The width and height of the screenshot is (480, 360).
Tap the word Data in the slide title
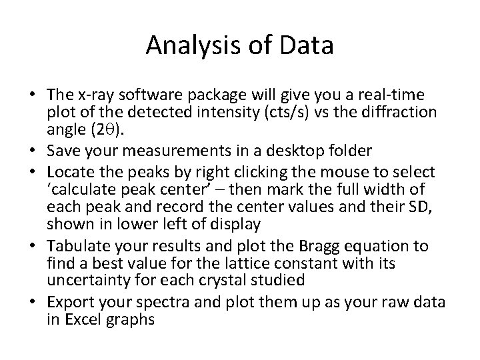pyautogui.click(x=307, y=46)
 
